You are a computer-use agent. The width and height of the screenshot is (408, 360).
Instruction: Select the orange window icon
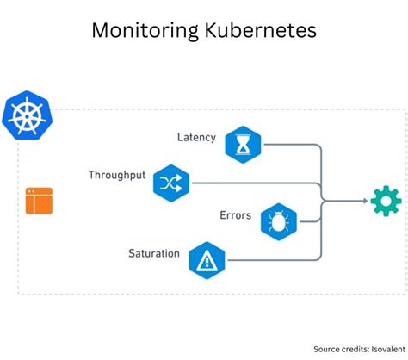click(x=39, y=201)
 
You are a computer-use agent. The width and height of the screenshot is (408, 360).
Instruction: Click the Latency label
click(x=196, y=137)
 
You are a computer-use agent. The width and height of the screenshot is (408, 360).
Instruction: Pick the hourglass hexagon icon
click(x=243, y=144)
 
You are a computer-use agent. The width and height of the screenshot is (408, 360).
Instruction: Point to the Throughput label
click(x=117, y=175)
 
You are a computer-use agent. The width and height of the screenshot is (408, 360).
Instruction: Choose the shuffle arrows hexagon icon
click(x=171, y=182)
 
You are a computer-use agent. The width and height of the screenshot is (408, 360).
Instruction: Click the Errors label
click(x=235, y=214)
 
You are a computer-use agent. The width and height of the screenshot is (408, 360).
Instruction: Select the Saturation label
click(x=154, y=253)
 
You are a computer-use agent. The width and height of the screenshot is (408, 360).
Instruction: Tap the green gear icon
click(x=386, y=201)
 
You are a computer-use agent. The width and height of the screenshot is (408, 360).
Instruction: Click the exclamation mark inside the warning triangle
click(x=207, y=260)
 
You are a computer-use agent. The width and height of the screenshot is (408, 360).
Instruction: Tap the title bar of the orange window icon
click(x=39, y=192)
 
